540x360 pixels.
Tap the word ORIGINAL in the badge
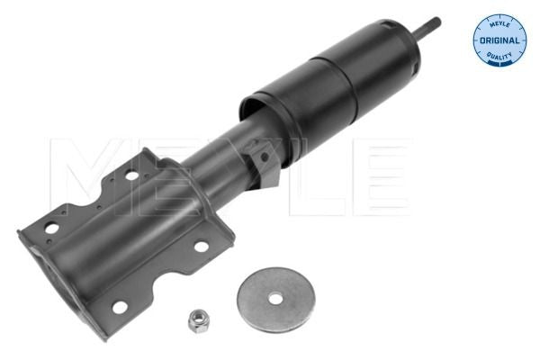(x=499, y=40)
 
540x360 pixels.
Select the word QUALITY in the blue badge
(x=499, y=57)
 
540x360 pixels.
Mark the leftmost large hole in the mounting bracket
(x=51, y=228)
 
